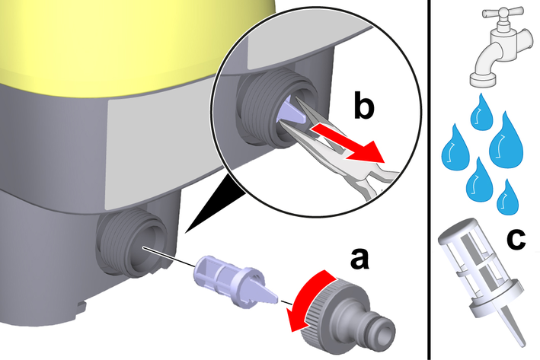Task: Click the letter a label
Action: coord(359,258)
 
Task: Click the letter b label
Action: coord(363,106)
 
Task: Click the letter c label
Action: coord(516,238)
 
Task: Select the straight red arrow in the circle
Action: coord(347,144)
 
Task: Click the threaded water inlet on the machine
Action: coord(132,242)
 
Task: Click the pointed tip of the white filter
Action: coord(523,343)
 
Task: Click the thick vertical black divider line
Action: coord(429,180)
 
